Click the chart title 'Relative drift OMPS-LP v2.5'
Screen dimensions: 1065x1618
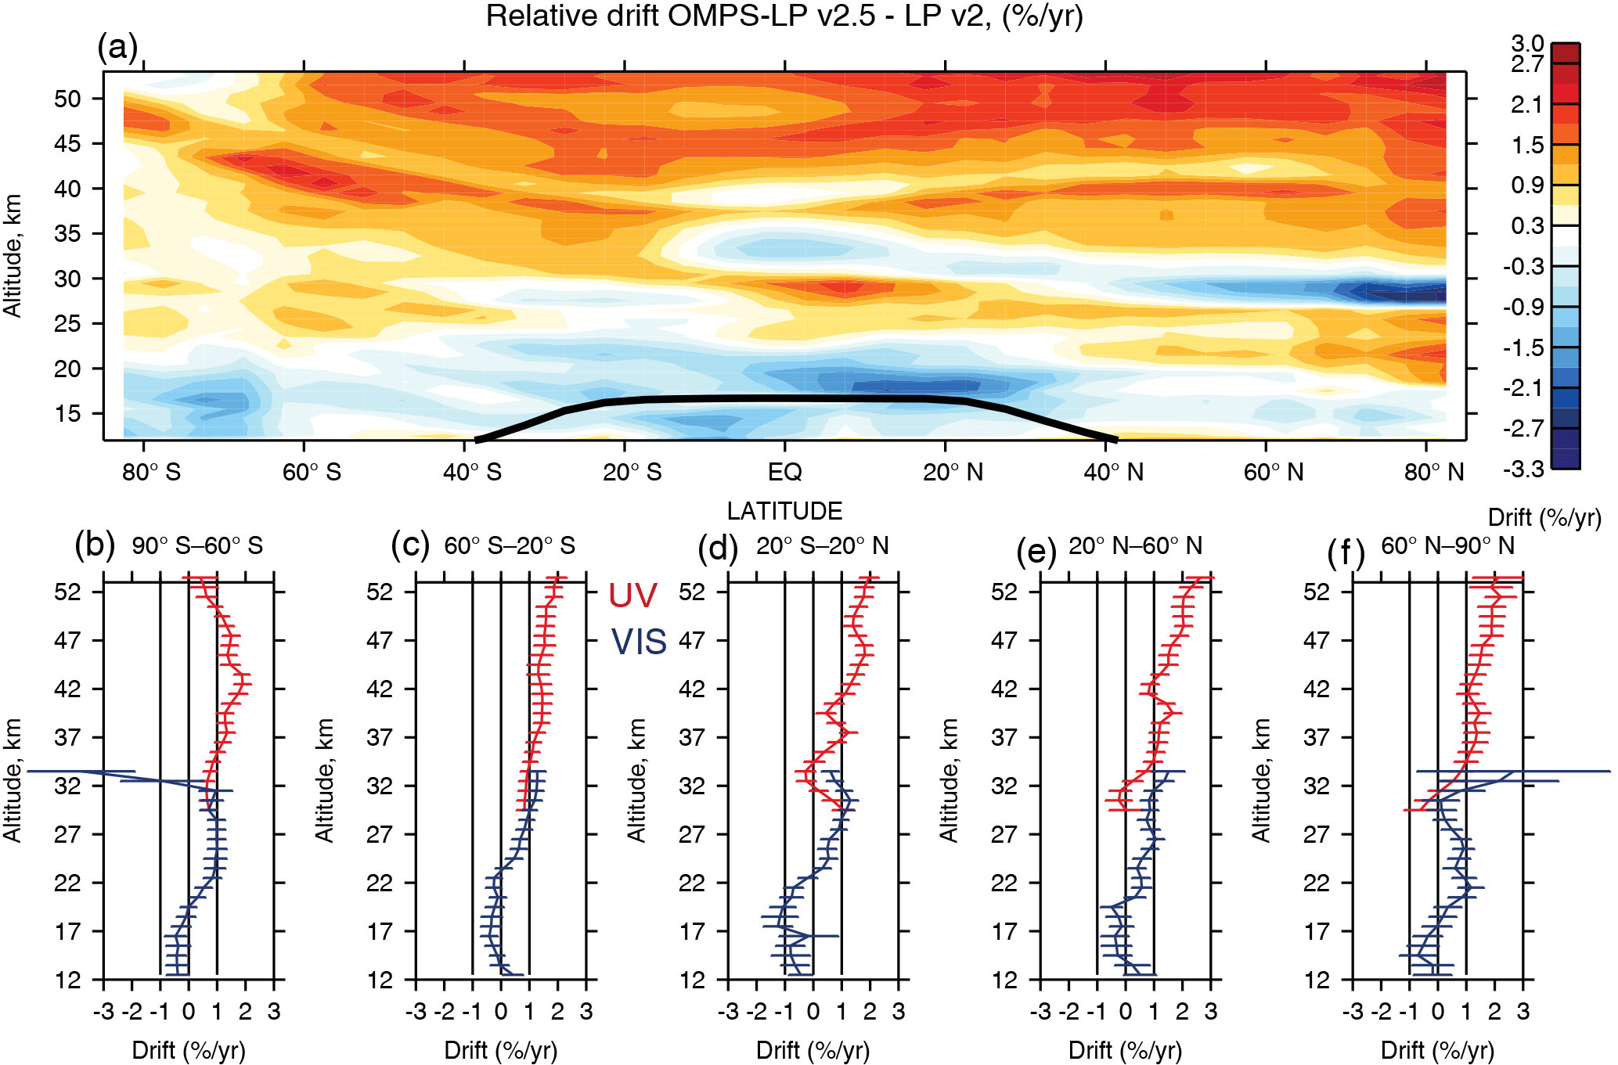(784, 16)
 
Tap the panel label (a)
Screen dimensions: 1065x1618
(117, 49)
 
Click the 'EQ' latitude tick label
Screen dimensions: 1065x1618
(784, 473)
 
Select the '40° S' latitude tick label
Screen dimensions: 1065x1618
(472, 473)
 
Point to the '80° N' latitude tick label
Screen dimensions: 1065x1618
(1434, 473)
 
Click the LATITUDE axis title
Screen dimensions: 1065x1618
(784, 511)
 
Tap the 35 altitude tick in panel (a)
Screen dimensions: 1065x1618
(67, 234)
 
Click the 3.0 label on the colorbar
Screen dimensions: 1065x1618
(1527, 44)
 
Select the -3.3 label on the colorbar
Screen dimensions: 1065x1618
(1523, 470)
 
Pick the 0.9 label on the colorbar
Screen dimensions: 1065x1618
(1527, 185)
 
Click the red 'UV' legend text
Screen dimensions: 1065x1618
(632, 596)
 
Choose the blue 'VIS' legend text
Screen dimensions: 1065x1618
(639, 642)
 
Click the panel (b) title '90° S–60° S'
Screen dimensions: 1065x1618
(196, 546)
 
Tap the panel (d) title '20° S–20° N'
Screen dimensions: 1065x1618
(822, 546)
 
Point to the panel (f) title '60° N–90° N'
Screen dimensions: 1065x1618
(1447, 546)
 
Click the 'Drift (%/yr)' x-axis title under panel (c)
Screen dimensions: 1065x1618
(501, 1050)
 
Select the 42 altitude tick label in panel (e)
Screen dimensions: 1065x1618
(1004, 689)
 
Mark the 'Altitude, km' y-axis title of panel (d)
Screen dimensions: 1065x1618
(637, 780)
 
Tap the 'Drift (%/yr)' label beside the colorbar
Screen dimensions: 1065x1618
(1544, 518)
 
